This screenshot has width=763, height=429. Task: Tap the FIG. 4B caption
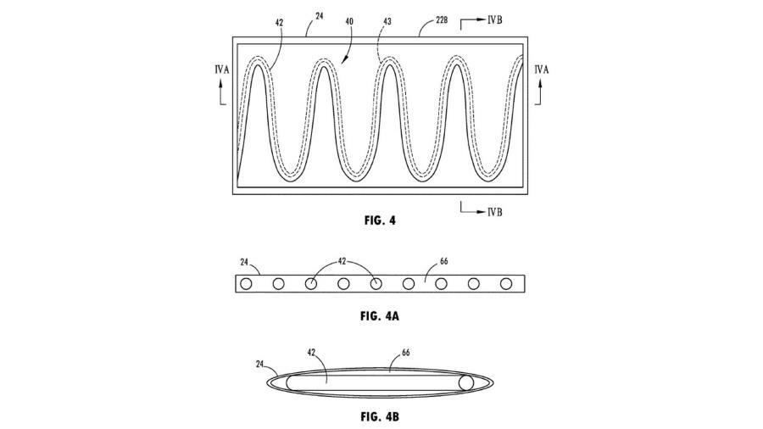point(378,418)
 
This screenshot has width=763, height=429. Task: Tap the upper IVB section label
point(494,17)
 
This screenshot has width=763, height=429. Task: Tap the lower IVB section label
point(494,212)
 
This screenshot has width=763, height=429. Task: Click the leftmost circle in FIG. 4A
point(246,284)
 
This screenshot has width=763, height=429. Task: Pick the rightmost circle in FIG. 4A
point(506,284)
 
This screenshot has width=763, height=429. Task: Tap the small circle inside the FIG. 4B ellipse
point(465,383)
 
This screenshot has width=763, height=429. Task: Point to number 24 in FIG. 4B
point(258,364)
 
